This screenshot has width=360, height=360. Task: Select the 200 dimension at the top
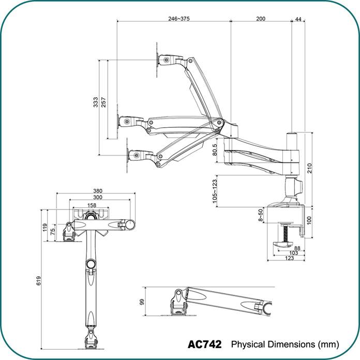pyautogui.click(x=261, y=19)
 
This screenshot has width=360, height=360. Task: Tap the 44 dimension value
pyautogui.click(x=298, y=19)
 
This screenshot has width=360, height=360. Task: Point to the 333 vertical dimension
pyautogui.click(x=96, y=103)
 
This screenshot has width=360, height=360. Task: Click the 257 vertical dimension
pyautogui.click(x=103, y=103)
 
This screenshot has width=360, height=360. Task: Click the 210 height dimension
pyautogui.click(x=309, y=168)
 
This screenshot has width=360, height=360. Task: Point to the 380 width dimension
pyautogui.click(x=98, y=191)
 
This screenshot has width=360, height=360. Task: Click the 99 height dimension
pyautogui.click(x=142, y=301)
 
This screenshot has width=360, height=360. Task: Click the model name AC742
pyautogui.click(x=204, y=344)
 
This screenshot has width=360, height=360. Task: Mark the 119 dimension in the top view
pyautogui.click(x=46, y=227)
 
